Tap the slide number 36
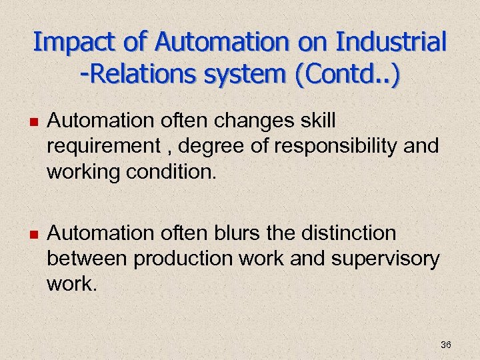pyautogui.click(x=446, y=345)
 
